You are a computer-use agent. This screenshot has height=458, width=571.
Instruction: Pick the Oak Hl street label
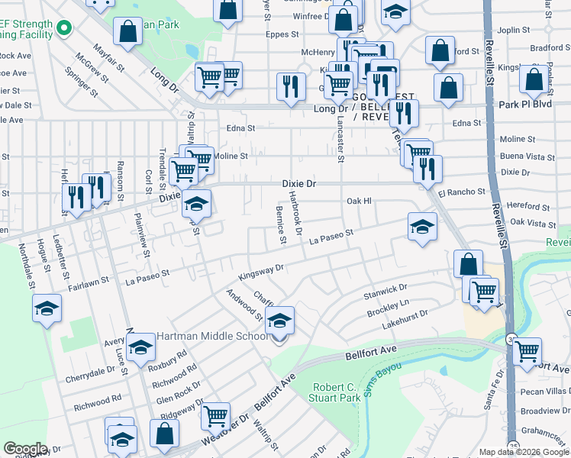(x=358, y=201)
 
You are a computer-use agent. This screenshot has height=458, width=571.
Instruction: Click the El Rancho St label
(x=462, y=192)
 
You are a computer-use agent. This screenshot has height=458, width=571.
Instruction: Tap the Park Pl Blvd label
(x=527, y=104)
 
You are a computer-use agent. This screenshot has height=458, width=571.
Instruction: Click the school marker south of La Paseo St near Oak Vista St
(x=422, y=227)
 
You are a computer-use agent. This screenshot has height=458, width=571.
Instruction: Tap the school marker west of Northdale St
(x=47, y=309)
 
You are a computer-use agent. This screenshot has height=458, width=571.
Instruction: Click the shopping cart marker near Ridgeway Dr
(x=216, y=417)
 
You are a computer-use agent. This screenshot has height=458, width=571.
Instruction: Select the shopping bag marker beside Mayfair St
(x=128, y=32)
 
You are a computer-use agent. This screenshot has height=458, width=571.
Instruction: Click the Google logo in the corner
(x=25, y=449)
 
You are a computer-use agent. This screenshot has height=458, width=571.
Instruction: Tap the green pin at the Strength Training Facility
(x=64, y=30)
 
